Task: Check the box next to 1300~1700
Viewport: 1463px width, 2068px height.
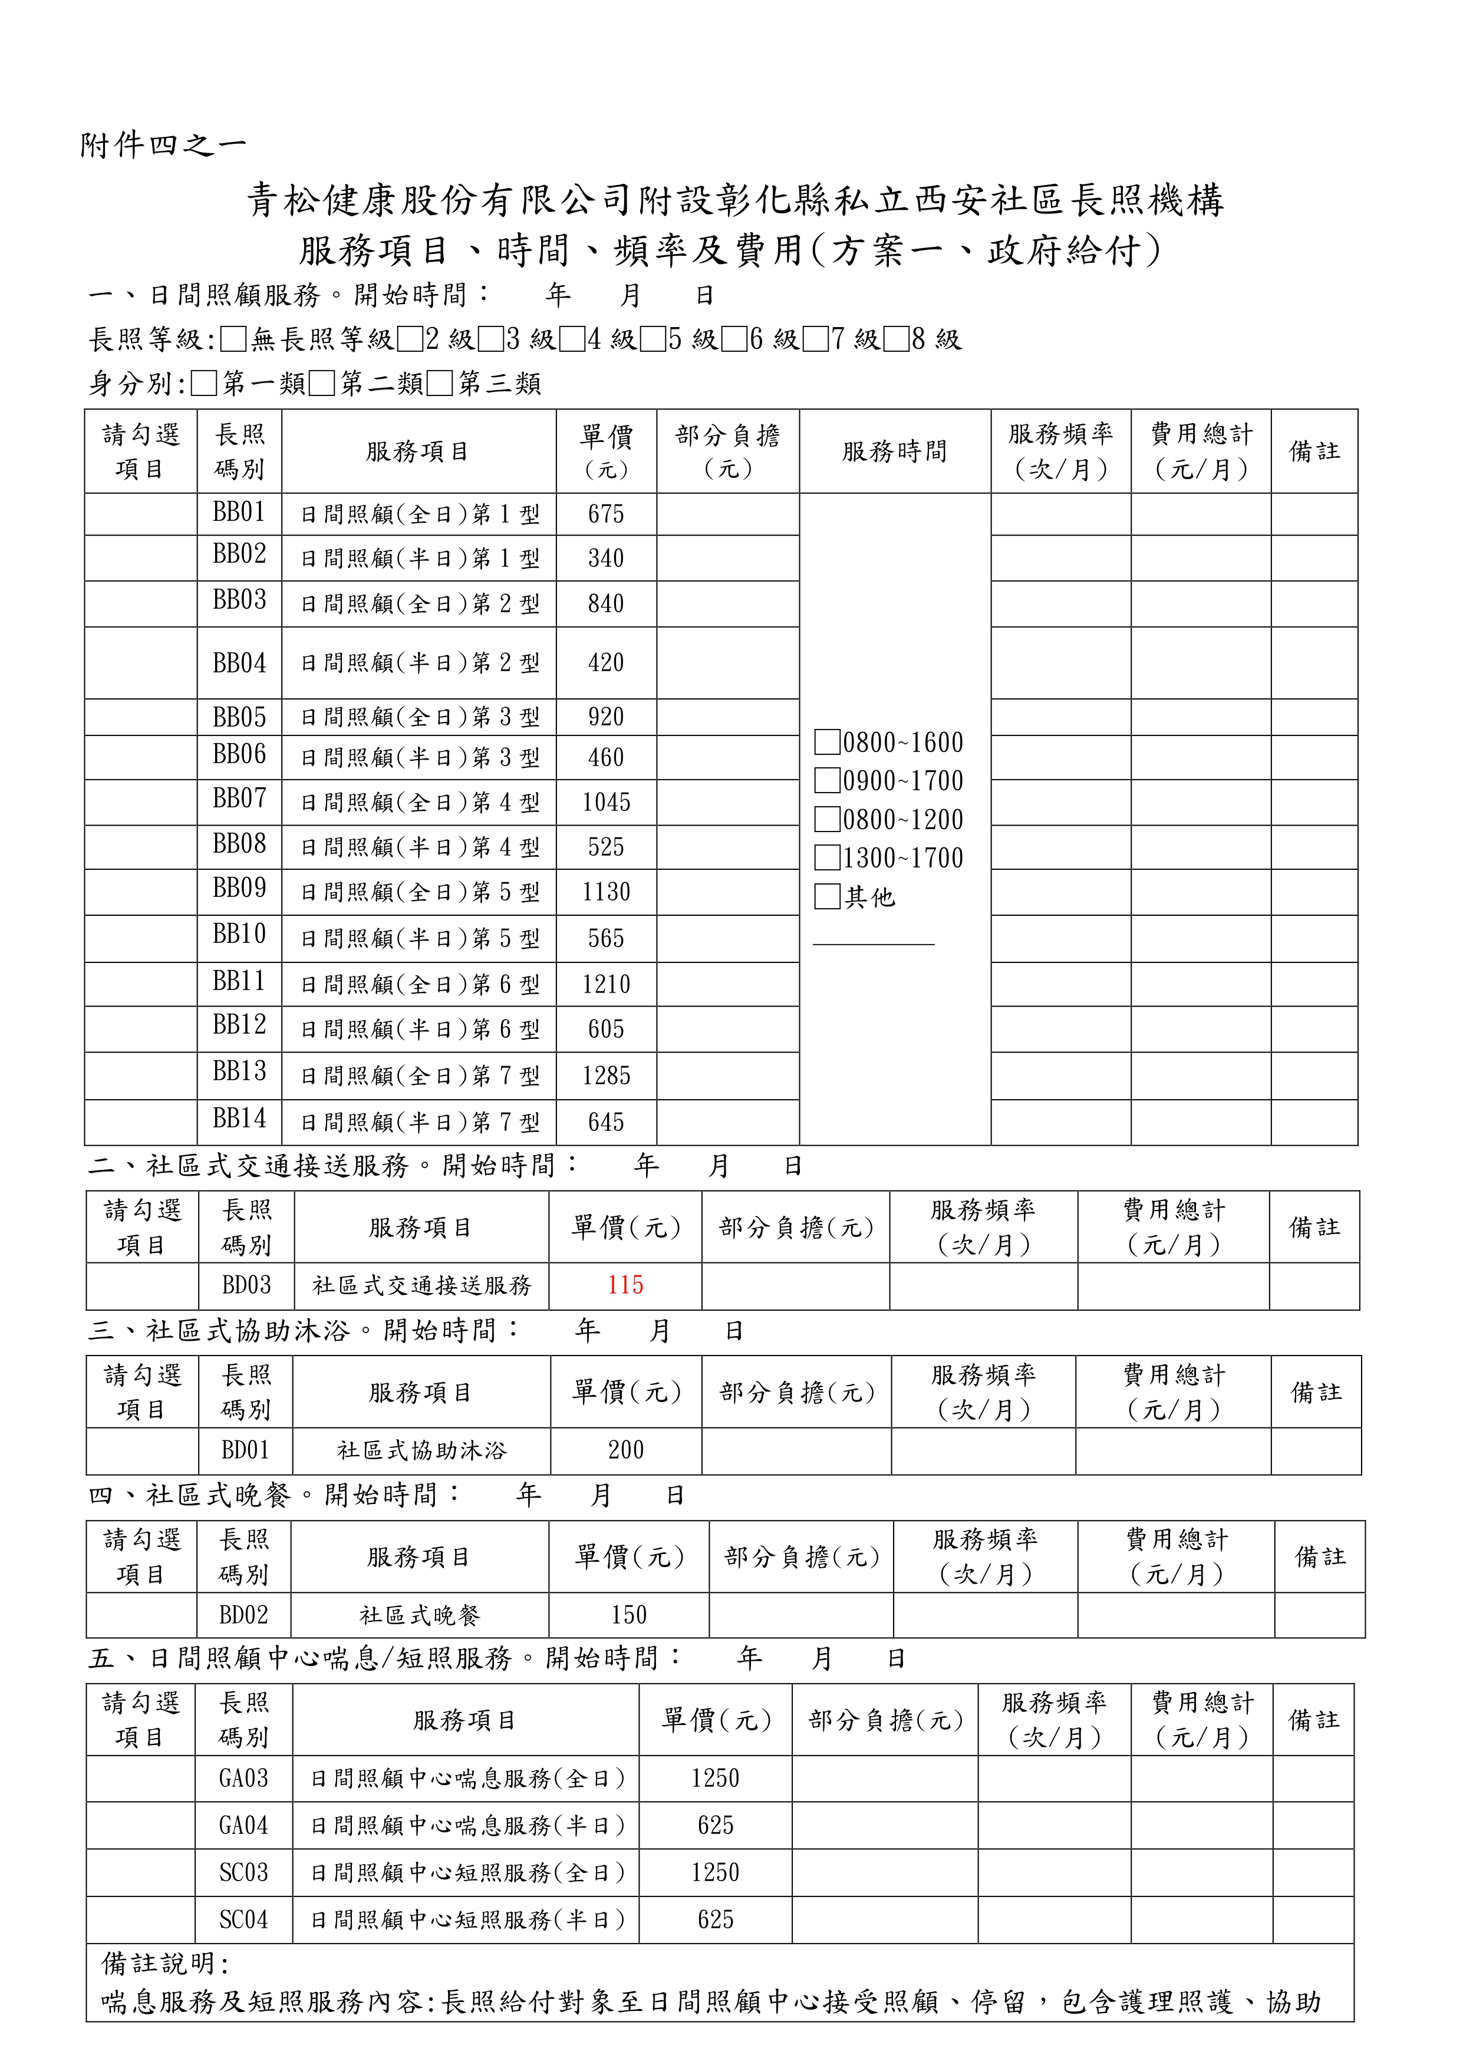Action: tap(827, 857)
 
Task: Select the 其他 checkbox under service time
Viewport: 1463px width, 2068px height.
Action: tap(827, 896)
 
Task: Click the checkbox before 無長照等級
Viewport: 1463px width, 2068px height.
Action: tap(233, 339)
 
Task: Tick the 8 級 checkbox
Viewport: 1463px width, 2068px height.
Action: tap(897, 339)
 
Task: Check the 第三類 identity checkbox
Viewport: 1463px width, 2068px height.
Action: tap(440, 384)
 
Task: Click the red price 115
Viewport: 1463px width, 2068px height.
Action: tap(625, 1285)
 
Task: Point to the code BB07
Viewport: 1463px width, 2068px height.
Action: tap(240, 799)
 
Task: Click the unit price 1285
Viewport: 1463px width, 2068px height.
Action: tap(607, 1076)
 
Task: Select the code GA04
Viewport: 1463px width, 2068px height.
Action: tap(243, 1826)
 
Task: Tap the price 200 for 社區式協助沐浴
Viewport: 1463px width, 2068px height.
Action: tap(625, 1450)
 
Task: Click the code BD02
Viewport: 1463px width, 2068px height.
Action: tap(243, 1615)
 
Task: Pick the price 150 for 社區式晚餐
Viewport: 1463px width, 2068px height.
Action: tap(629, 1615)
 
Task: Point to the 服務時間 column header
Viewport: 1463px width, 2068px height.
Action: tap(895, 451)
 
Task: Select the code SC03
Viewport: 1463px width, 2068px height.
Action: tap(243, 1872)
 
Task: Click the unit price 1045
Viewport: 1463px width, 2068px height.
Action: tap(607, 803)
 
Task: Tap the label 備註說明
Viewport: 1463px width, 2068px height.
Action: tap(166, 1963)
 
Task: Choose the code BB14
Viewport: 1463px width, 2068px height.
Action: tap(240, 1119)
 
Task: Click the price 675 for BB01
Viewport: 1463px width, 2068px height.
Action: tap(607, 514)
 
